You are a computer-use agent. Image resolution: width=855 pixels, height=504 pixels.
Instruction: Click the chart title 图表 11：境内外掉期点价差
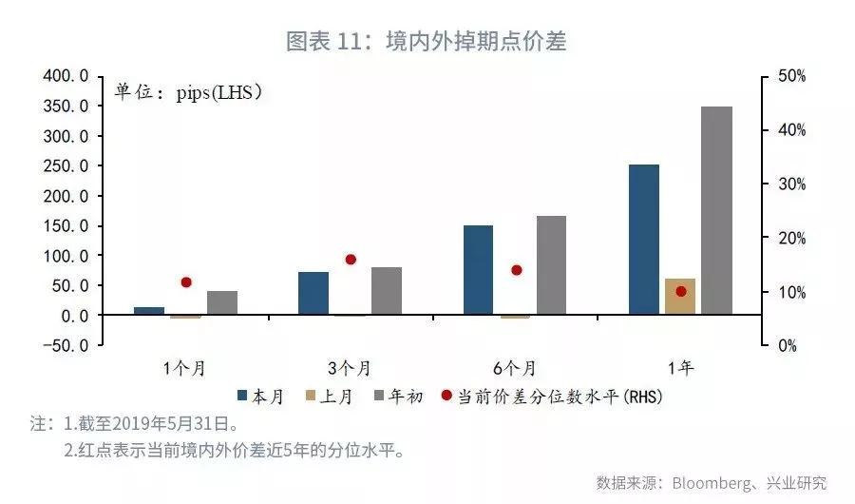tap(427, 41)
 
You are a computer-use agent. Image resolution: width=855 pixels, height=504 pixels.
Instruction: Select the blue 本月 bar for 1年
tap(643, 239)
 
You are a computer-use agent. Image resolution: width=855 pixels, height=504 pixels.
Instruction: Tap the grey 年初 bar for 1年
tap(716, 210)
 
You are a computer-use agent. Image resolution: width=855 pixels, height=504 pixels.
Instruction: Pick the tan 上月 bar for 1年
tap(679, 297)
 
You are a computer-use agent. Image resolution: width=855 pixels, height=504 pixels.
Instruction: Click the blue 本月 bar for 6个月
tap(478, 270)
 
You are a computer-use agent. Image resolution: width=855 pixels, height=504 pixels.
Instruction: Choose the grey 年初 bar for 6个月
tap(551, 265)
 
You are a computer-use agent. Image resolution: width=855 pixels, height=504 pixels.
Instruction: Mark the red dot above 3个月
tap(350, 260)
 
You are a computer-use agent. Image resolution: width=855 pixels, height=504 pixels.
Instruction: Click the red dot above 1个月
tap(185, 282)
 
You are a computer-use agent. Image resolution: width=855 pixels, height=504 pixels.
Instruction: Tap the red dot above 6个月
tap(516, 270)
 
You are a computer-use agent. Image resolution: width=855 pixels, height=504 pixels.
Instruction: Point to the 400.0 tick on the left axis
tap(67, 76)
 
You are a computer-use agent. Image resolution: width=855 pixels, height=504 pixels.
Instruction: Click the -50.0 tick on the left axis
tap(67, 345)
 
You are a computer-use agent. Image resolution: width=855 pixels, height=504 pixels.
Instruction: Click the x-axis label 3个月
tap(350, 368)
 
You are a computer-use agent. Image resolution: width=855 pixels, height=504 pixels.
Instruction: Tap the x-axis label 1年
tap(679, 368)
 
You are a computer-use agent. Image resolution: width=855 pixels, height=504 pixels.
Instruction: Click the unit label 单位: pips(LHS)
tap(188, 92)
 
